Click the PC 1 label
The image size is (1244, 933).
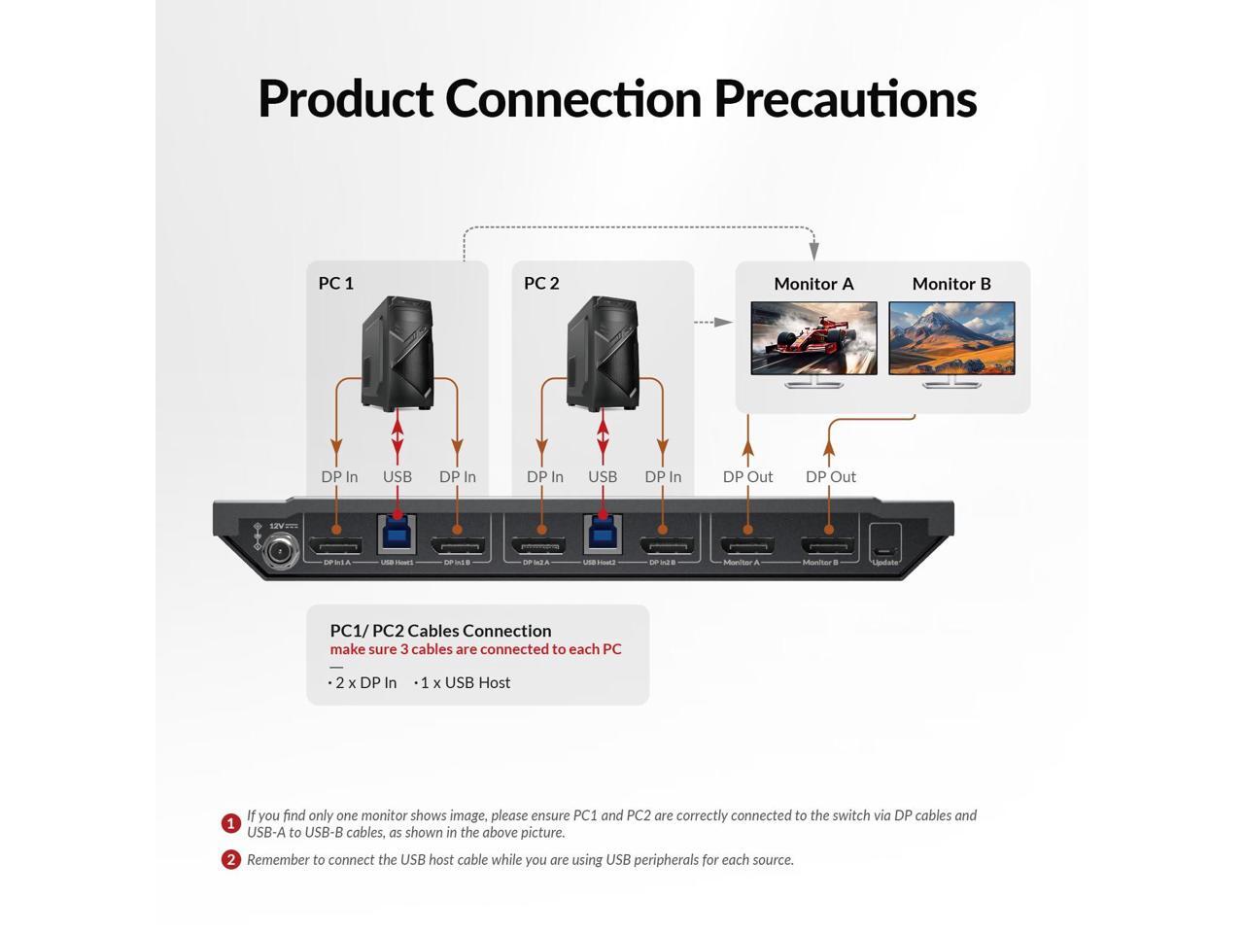335,283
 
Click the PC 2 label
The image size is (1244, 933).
541,283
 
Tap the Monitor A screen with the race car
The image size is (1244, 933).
813,337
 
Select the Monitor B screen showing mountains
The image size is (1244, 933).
951,337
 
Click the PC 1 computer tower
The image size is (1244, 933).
397,352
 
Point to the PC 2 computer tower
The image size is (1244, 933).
603,352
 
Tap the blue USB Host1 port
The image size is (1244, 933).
397,534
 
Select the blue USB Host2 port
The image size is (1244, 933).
603,534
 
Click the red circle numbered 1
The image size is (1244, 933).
230,824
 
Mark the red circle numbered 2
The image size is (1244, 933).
230,859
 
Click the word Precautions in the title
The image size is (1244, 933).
845,98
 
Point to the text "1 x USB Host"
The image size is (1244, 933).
465,682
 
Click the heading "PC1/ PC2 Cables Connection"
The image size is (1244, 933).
440,631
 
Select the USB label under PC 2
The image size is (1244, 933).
603,476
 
